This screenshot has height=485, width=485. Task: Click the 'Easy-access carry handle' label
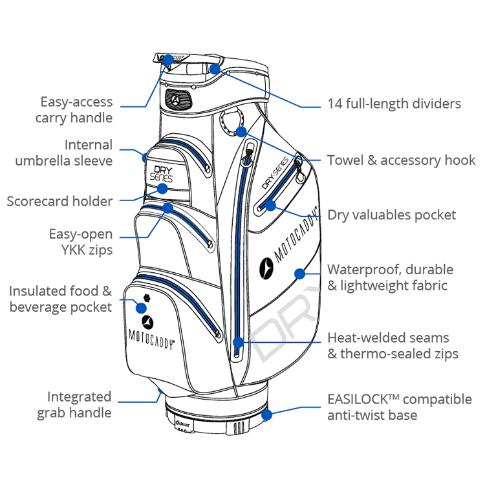[x=76, y=110]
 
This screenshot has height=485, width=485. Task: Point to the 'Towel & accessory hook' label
[x=401, y=160]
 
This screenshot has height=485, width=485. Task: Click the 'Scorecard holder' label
[x=59, y=201]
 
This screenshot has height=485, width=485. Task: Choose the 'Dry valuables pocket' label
[x=391, y=215]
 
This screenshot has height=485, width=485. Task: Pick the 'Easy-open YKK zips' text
[x=81, y=242]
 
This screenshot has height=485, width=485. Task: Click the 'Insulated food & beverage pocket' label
[x=61, y=299]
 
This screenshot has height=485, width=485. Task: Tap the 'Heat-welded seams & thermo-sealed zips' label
[x=393, y=345]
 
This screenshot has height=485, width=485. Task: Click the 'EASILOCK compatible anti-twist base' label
[x=399, y=407]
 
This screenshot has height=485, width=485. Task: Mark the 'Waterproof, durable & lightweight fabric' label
[x=390, y=277]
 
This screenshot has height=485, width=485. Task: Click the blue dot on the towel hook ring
[x=241, y=132]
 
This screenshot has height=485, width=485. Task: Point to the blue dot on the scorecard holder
[x=162, y=189]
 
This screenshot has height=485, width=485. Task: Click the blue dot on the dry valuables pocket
[x=270, y=206]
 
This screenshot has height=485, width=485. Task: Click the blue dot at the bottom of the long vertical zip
[x=239, y=342]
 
